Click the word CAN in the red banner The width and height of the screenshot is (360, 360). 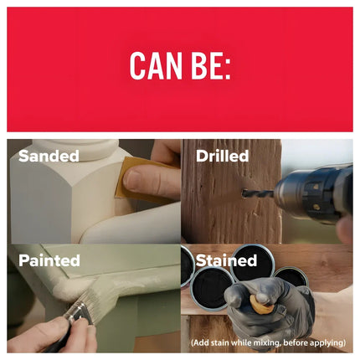[156, 66]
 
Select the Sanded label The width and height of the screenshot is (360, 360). [49, 156]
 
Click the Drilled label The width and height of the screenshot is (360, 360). [222, 156]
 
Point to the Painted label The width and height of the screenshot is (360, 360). [49, 260]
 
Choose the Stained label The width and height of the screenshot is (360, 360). [226, 260]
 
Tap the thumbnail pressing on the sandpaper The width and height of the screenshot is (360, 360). [132, 177]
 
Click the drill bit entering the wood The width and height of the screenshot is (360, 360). [258, 193]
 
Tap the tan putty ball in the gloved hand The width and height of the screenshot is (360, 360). [262, 305]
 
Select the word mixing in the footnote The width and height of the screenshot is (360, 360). [265, 342]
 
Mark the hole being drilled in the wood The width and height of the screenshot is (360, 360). [244, 193]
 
